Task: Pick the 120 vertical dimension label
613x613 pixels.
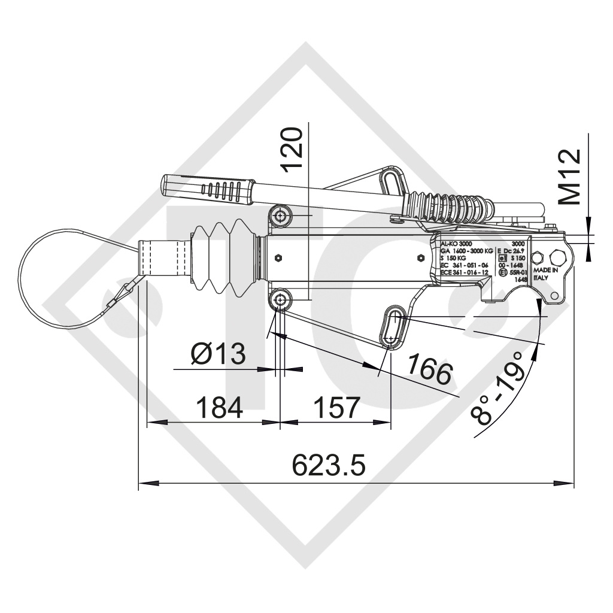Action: [x=294, y=148]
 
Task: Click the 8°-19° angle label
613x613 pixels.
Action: [x=498, y=388]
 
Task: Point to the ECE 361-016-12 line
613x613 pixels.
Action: [x=465, y=272]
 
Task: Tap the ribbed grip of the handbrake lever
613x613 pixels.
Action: [x=221, y=190]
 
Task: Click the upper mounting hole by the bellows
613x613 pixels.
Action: [x=280, y=214]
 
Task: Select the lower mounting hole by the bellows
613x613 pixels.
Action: [x=280, y=299]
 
